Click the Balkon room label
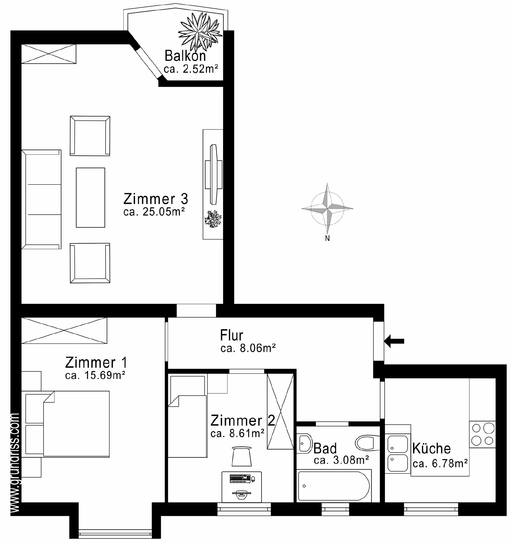tap(185, 56)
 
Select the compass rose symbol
tap(327, 208)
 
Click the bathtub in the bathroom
tap(334, 486)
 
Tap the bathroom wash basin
tap(304, 443)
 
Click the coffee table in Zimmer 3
tap(90, 197)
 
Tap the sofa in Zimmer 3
tap(41, 199)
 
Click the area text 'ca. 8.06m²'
tap(248, 348)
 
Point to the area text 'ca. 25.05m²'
tap(154, 212)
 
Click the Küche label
tap(431, 449)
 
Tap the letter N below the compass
tap(327, 238)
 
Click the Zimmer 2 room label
tap(243, 421)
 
